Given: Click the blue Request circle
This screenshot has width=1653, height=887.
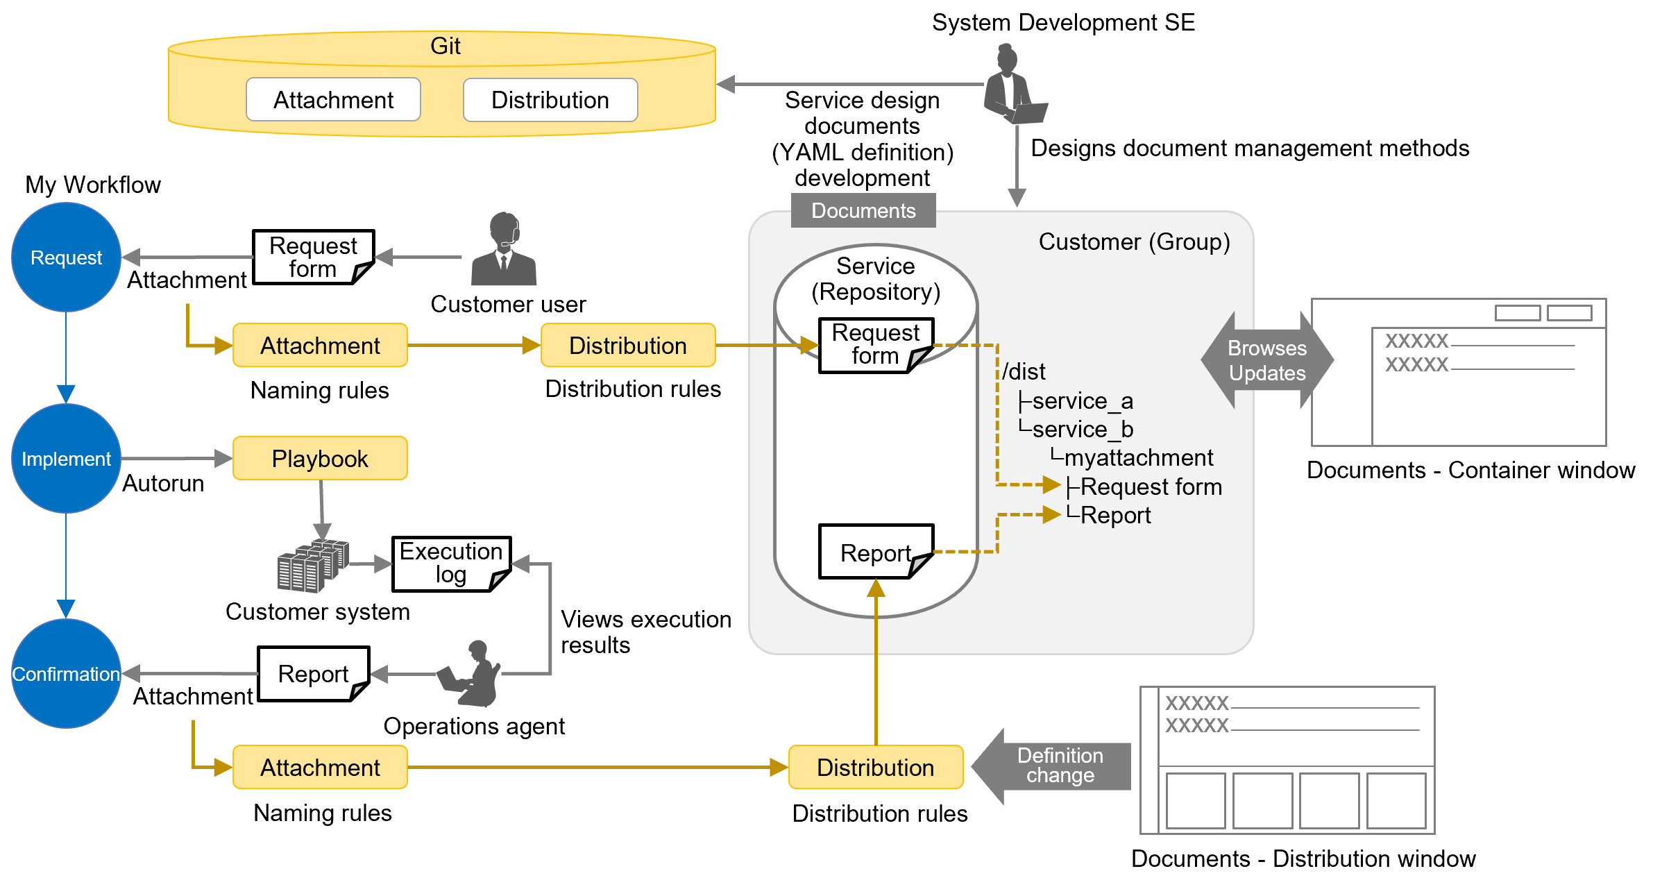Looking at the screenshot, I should pyautogui.click(x=66, y=257).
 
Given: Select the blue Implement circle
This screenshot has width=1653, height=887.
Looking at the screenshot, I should pyautogui.click(x=66, y=459).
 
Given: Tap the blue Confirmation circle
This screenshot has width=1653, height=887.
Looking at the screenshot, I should pyautogui.click(x=66, y=674).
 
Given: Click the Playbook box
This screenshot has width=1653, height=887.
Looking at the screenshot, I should pyautogui.click(x=320, y=459).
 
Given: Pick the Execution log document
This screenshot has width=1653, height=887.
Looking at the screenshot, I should pyautogui.click(x=451, y=563).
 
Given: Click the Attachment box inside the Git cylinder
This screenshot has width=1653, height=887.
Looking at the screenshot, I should pyautogui.click(x=333, y=100).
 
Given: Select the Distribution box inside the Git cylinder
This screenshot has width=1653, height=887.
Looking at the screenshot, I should pyautogui.click(x=550, y=100).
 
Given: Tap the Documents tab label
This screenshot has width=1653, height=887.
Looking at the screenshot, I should pyautogui.click(x=863, y=210).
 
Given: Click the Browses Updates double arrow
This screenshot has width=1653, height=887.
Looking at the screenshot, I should pyautogui.click(x=1267, y=360).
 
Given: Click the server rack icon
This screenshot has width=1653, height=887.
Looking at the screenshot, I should pyautogui.click(x=312, y=566).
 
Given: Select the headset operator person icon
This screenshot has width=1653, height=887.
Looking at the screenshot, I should pyautogui.click(x=504, y=250).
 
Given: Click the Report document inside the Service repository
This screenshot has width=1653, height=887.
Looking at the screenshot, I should pyautogui.click(x=876, y=552).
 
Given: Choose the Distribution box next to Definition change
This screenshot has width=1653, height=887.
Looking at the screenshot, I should pyautogui.click(x=875, y=767).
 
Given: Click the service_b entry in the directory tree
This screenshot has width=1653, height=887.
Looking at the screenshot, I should pyautogui.click(x=1082, y=430).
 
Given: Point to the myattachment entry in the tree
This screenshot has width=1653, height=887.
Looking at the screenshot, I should pyautogui.click(x=1138, y=458).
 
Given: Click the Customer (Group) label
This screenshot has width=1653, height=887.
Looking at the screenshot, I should pyautogui.click(x=1134, y=242).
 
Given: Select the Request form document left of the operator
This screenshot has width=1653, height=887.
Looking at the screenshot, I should pyautogui.click(x=313, y=257).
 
